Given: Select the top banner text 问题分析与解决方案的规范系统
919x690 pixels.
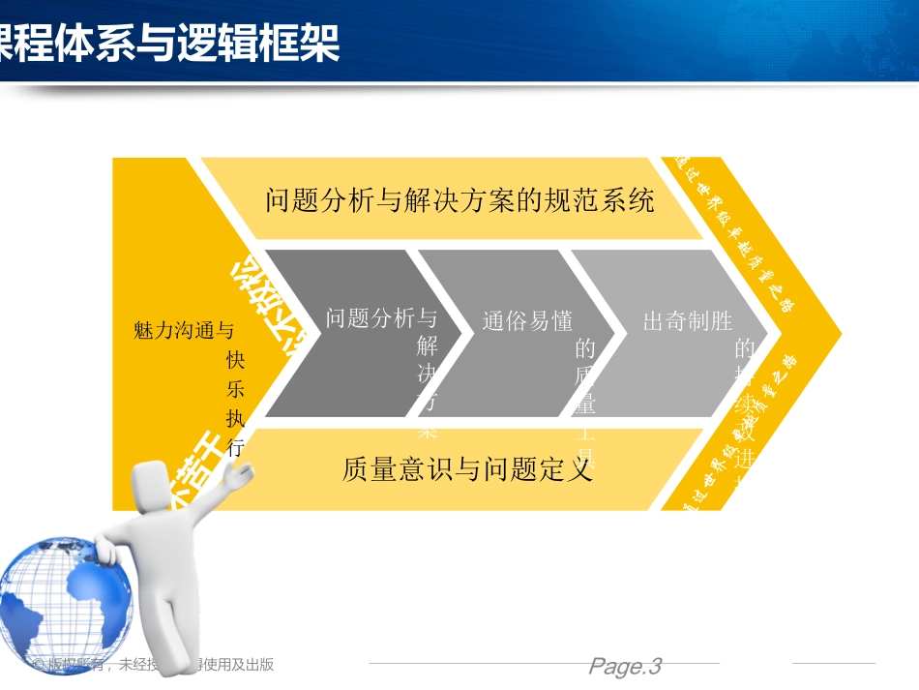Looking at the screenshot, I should point(459,200).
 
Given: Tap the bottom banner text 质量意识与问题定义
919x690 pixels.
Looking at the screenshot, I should point(466,470).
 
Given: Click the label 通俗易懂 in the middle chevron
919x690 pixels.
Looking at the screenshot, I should point(527,321).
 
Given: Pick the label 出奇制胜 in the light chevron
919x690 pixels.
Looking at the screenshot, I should point(688,321).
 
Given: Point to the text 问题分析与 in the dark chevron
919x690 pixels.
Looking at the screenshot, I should point(381,317).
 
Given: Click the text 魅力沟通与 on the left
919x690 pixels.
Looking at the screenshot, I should point(184,331).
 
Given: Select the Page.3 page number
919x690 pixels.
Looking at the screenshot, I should point(624,666).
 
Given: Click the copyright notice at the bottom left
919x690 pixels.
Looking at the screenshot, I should point(155,664).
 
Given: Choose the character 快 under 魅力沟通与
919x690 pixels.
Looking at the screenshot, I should point(235,360).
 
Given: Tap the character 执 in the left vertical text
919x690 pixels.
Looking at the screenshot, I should point(235,419).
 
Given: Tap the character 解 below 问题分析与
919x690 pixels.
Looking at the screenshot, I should point(427,346).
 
